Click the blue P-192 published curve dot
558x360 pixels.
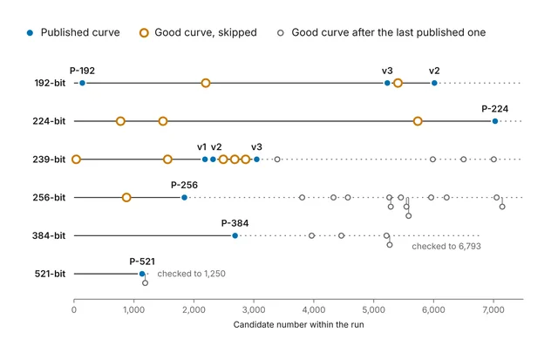(x=82, y=83)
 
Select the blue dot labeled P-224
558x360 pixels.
(x=495, y=121)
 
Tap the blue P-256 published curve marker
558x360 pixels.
(x=184, y=197)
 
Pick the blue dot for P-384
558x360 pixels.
(x=235, y=235)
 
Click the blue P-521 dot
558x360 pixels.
(x=142, y=274)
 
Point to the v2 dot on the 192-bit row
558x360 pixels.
(x=434, y=83)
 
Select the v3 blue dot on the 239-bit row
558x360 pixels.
(x=256, y=160)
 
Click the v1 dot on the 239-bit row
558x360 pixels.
(x=205, y=160)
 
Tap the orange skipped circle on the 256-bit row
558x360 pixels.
(x=126, y=197)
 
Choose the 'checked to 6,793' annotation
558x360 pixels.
(x=446, y=246)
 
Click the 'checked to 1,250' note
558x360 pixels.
(x=192, y=274)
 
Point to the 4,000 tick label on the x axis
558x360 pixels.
(x=314, y=309)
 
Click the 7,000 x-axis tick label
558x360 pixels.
(x=493, y=309)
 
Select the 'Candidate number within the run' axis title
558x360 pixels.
(x=298, y=324)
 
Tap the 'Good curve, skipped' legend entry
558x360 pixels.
(x=199, y=33)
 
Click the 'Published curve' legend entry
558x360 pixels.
(x=73, y=33)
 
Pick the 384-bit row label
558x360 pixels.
(x=49, y=235)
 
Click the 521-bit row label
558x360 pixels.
(x=50, y=274)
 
